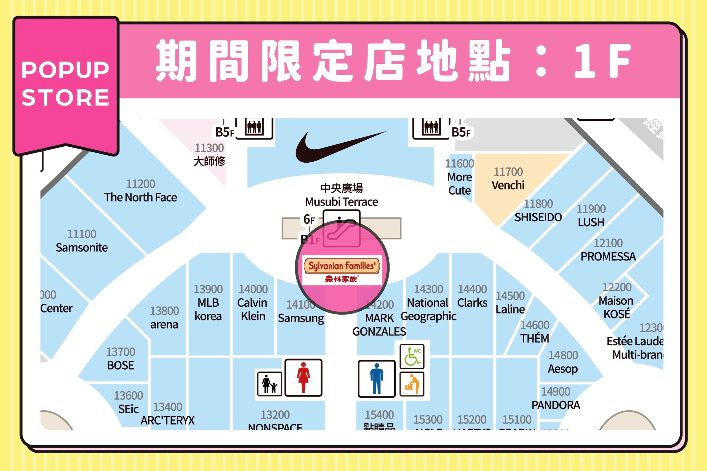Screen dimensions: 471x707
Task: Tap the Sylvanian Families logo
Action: click(342, 270)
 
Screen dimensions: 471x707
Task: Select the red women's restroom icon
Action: click(303, 378)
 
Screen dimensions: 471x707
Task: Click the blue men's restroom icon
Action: click(377, 379)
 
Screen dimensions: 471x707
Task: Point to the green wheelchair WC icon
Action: click(412, 357)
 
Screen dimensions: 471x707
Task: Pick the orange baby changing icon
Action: click(412, 384)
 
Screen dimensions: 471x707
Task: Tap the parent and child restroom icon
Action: click(269, 384)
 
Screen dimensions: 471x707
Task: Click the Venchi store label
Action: click(508, 185)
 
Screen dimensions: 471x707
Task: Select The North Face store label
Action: click(141, 197)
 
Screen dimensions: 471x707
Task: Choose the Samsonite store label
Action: click(82, 247)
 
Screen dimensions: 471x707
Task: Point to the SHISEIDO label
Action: click(538, 217)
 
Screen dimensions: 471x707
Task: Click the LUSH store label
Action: click(591, 222)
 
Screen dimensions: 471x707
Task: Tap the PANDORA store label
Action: click(556, 405)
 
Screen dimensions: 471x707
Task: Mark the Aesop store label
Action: click(563, 369)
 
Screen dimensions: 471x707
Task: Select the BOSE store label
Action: click(120, 365)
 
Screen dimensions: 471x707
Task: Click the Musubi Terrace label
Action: click(341, 202)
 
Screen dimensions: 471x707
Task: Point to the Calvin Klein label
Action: click(253, 309)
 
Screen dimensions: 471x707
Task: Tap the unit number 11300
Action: click(209, 148)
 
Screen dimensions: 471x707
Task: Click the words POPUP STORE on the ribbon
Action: click(65, 83)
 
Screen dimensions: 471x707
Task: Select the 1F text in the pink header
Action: click(602, 60)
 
